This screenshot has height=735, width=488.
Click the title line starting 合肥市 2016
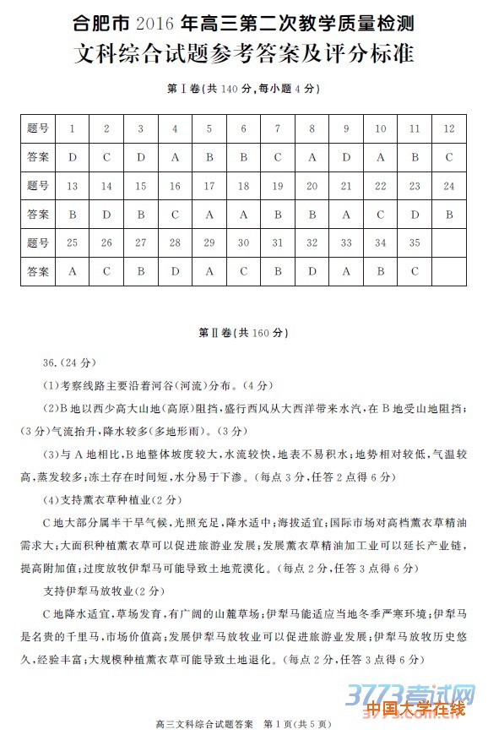click(244, 20)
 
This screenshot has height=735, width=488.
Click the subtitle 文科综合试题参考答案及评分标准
click(244, 54)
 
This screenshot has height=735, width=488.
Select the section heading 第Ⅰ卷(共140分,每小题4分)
click(244, 89)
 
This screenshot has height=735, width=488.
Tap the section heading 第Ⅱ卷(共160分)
click(244, 333)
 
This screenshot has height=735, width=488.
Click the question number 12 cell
click(448, 128)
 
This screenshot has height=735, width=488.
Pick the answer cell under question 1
click(73, 157)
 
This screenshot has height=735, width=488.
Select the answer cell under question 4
click(175, 157)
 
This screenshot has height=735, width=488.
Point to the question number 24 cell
click(448, 186)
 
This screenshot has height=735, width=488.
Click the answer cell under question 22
click(380, 215)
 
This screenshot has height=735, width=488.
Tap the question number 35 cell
click(415, 243)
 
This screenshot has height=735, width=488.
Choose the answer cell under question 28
click(175, 272)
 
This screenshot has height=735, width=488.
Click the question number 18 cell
click(243, 186)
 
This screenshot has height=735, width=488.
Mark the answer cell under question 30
click(243, 272)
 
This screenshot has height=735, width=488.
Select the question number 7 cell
click(278, 128)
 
